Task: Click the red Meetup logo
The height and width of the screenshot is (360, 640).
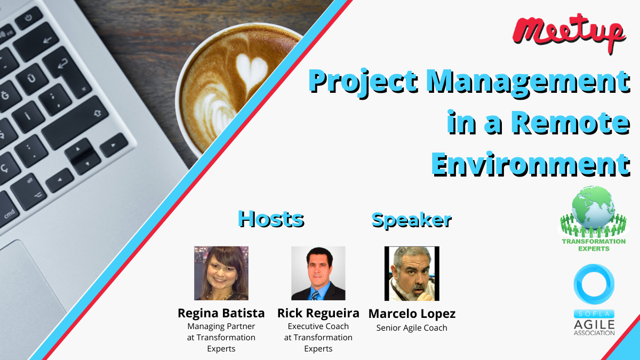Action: [x=569, y=33]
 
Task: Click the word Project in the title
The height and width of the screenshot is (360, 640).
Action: [x=363, y=82]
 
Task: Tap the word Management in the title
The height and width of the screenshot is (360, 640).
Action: [x=529, y=82]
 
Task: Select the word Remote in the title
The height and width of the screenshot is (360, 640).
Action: [x=571, y=122]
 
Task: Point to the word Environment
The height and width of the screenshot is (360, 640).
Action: [x=531, y=164]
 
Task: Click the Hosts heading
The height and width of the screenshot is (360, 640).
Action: [x=271, y=219]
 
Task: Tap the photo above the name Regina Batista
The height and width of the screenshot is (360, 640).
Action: [x=221, y=273]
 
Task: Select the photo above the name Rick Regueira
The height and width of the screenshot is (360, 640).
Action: [x=318, y=273]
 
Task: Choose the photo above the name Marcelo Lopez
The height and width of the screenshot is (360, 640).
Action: [x=412, y=274]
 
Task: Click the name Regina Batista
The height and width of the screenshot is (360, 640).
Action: [x=221, y=313]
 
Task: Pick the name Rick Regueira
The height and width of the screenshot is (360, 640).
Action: [x=318, y=314]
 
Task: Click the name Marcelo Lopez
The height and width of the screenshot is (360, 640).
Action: [x=412, y=314]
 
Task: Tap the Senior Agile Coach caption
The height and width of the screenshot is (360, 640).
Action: [x=412, y=328]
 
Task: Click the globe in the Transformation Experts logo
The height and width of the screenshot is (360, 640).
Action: [x=593, y=207]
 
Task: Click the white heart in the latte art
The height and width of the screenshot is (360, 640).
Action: [x=251, y=70]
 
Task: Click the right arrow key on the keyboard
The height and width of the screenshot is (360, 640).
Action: [x=114, y=145]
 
